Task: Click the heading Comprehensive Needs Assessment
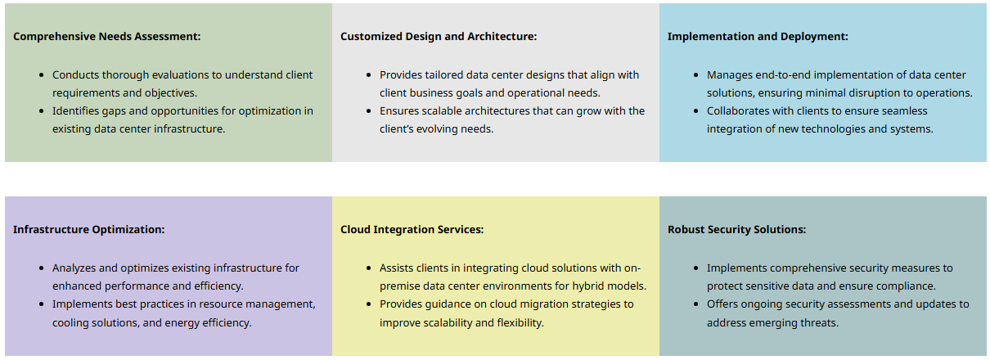pyautogui.click(x=106, y=36)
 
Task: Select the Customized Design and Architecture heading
pyautogui.click(x=439, y=36)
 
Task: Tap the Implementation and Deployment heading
pyautogui.click(x=758, y=36)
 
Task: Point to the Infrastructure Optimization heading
pyautogui.click(x=88, y=229)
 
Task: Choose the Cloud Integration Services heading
pyautogui.click(x=412, y=229)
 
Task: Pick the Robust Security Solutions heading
pyautogui.click(x=736, y=229)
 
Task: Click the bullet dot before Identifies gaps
pyautogui.click(x=42, y=111)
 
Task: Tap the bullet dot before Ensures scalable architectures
pyautogui.click(x=369, y=111)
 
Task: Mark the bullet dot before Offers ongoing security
pyautogui.click(x=696, y=304)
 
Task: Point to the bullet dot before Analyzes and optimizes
pyautogui.click(x=42, y=268)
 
